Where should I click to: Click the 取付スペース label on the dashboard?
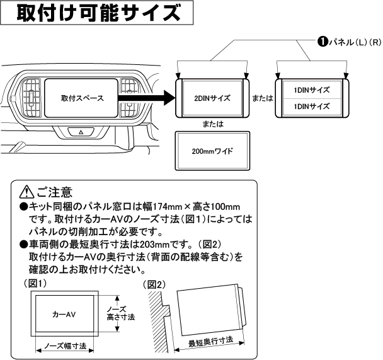82,98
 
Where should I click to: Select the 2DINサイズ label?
212,98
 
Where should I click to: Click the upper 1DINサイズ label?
311,90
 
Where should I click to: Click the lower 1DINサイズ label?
311,107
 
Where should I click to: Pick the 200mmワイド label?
212,151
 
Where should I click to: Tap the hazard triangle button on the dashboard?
81,133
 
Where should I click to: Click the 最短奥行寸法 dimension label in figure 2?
211,342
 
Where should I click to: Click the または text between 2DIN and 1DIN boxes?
263,98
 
